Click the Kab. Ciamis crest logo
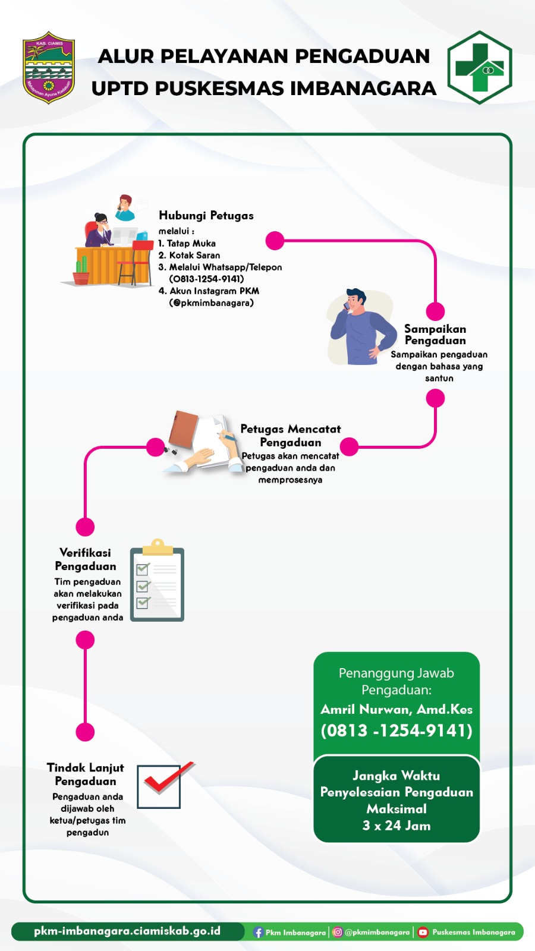(x=49, y=67)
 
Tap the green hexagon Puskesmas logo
(x=479, y=67)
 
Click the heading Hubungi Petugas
(x=206, y=216)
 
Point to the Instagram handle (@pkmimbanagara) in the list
(x=212, y=303)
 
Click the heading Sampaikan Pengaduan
(x=435, y=335)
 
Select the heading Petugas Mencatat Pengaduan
(x=291, y=436)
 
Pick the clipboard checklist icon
(x=157, y=582)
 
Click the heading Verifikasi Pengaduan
(x=86, y=559)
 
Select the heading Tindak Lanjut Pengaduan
(x=86, y=774)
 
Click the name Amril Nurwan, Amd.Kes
(x=396, y=710)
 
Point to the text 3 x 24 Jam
(x=396, y=826)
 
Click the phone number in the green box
(x=396, y=730)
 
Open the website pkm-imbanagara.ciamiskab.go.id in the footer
(x=127, y=931)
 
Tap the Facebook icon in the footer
(x=258, y=933)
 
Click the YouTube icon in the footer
(x=423, y=933)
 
